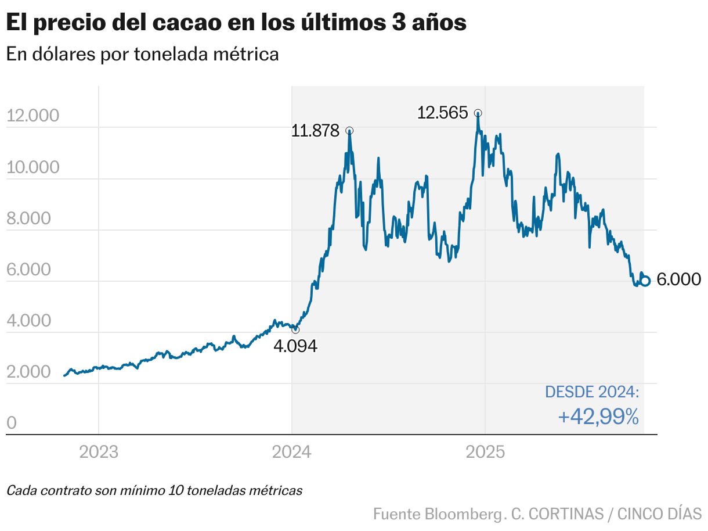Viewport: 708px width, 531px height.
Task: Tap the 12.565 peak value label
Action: pyautogui.click(x=442, y=112)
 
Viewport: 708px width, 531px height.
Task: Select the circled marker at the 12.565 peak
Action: pyautogui.click(x=478, y=113)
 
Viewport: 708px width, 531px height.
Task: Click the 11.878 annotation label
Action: pyautogui.click(x=315, y=131)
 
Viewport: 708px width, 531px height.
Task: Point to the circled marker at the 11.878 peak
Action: pyautogui.click(x=349, y=131)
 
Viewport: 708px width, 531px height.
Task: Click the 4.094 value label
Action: pyautogui.click(x=295, y=346)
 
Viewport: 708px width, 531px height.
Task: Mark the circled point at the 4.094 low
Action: pyautogui.click(x=295, y=329)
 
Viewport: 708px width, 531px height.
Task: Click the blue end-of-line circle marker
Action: pyautogui.click(x=645, y=280)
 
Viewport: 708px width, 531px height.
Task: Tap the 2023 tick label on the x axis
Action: pyautogui.click(x=99, y=451)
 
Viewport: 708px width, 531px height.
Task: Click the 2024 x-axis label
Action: pyautogui.click(x=292, y=451)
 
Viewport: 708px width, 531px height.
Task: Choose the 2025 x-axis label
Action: pyautogui.click(x=485, y=451)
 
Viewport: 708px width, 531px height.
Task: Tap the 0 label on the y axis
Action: pyautogui.click(x=12, y=424)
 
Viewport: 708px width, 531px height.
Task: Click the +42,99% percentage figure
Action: pyautogui.click(x=598, y=417)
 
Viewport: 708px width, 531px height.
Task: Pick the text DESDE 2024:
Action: pyautogui.click(x=592, y=392)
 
